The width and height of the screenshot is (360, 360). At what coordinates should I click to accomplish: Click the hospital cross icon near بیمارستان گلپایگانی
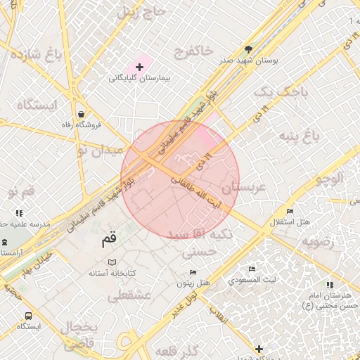click(x=139, y=67)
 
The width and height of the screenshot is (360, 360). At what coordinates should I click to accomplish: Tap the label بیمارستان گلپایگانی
click(x=140, y=79)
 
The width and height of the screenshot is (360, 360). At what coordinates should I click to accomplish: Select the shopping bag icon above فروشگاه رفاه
click(x=82, y=114)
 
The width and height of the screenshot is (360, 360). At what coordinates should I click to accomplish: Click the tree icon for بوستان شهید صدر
click(x=248, y=49)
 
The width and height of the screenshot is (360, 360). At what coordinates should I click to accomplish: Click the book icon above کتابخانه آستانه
click(x=112, y=262)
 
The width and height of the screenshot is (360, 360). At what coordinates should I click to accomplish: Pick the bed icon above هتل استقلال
click(x=290, y=211)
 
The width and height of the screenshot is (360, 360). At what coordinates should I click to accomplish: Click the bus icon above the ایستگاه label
click(x=28, y=316)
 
